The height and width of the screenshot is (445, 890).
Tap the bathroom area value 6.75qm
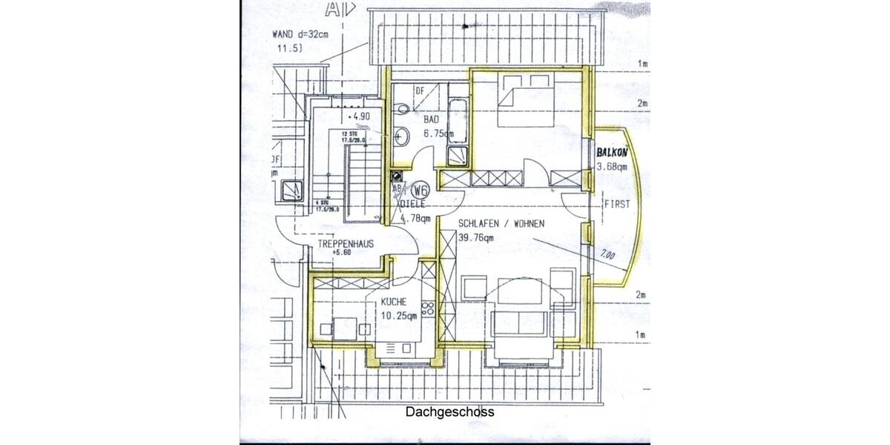pos(438,133)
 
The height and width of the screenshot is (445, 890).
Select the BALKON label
pos(612,152)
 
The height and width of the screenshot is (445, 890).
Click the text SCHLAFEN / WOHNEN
pos(501,223)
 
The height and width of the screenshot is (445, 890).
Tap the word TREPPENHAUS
pos(346,243)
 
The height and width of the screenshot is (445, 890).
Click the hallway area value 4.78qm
pos(415,218)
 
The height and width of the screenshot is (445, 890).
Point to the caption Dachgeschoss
pos(449,412)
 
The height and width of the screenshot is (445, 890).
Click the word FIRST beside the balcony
pos(617,203)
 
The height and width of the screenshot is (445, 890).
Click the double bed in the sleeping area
pos(528,104)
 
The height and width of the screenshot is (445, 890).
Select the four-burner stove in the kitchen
pos(427,310)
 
